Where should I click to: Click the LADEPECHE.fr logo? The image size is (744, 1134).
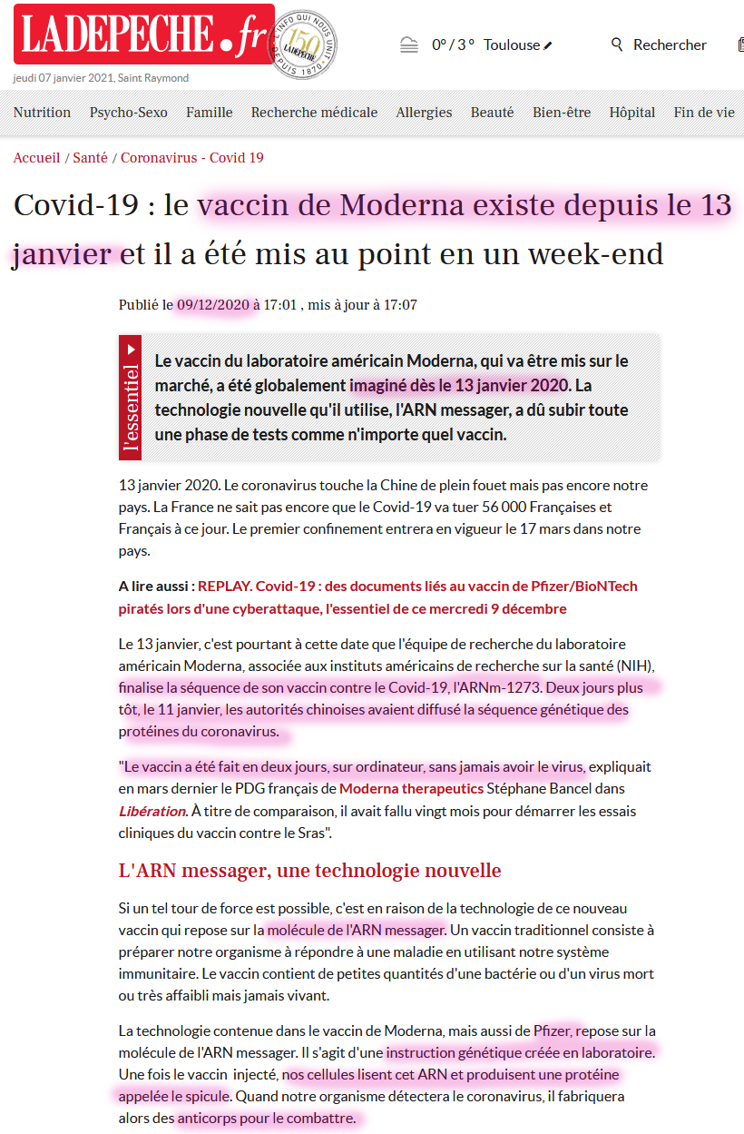coord(143,35)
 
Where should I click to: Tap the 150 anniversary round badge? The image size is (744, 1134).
coord(308,44)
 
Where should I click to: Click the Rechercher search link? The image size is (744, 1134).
coord(660,44)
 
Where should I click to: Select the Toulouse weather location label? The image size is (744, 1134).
coord(512,44)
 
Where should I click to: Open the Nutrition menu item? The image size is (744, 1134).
coord(42,113)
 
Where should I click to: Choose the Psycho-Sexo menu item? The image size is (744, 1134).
coord(128,113)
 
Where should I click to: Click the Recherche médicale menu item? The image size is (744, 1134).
coord(314,113)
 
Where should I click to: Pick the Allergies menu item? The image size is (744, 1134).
coord(424,113)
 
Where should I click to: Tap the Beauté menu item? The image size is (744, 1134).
coord(492,113)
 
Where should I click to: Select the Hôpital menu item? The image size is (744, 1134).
coord(631,113)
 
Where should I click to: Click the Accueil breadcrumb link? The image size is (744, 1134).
coord(36,158)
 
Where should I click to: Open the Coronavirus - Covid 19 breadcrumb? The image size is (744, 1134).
coord(192,158)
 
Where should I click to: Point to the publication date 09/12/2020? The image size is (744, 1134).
coord(213,305)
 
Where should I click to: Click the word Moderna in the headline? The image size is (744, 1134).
coord(398,206)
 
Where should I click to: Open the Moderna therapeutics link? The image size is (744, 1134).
coord(411,788)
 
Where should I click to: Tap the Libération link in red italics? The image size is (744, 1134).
coord(152,810)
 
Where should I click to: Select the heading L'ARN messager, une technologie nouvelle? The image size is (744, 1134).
coord(309,871)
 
